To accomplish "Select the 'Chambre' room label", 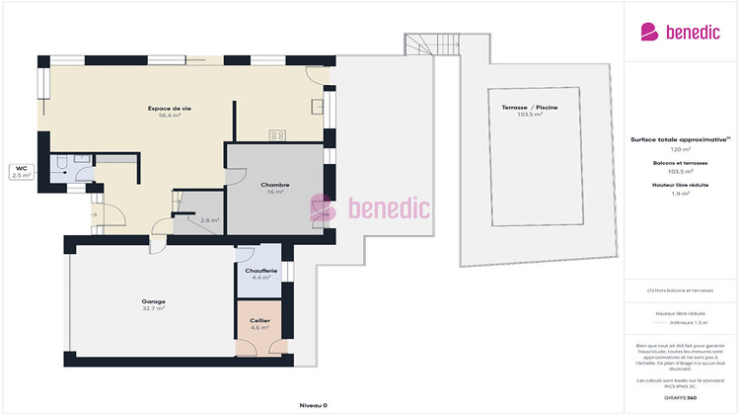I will (274, 185).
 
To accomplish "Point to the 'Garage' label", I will (153, 301).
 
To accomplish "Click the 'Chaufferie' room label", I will (261, 270).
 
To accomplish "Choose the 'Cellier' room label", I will (260, 320).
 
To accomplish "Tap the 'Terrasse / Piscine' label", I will (531, 107).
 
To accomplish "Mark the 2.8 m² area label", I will (209, 220).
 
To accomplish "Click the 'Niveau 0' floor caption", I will (313, 405).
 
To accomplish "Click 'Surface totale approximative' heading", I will (681, 140).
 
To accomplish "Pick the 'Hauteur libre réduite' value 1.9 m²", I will (681, 194).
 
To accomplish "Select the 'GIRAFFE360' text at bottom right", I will (681, 396).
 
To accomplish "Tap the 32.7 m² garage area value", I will (153, 309).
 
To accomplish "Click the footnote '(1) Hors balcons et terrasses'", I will (681, 290).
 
